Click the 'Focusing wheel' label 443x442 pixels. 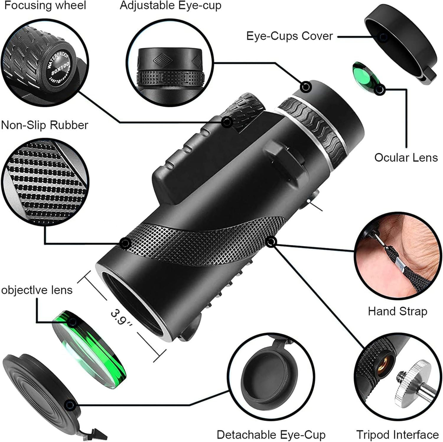pos(45,6)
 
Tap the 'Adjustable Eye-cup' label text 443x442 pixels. pos(170,6)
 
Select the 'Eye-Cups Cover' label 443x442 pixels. pos(289,36)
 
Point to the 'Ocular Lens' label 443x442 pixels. pos(406,158)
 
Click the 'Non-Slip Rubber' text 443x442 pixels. pos(45,125)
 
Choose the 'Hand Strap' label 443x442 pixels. pos(397,312)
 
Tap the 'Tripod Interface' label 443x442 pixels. pos(397,435)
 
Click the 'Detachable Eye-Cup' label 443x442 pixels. pos(271,435)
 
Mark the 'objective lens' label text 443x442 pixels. pos(37,290)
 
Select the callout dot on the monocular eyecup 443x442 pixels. pos(306,86)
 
